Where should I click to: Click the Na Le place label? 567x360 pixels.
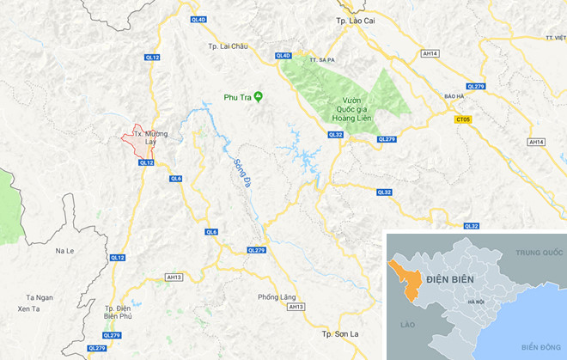point(65,250)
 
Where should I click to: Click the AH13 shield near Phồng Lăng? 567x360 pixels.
point(296,307)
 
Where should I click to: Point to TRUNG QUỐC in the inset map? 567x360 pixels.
point(538,253)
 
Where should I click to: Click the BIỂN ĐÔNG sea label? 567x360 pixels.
point(538,346)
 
